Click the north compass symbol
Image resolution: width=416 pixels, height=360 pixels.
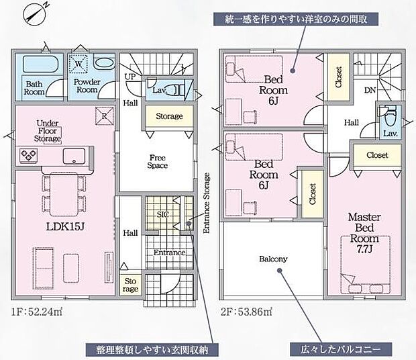[34, 13]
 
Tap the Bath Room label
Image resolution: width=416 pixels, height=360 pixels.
[35, 89]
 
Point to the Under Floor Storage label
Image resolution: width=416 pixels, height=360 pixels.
[49, 131]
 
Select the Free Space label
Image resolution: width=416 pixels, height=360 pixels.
[158, 161]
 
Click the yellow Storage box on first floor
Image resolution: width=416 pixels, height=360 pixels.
[169, 116]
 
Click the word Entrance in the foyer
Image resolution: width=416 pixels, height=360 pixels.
[168, 252]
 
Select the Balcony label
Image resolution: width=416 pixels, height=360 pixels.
[273, 259]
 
